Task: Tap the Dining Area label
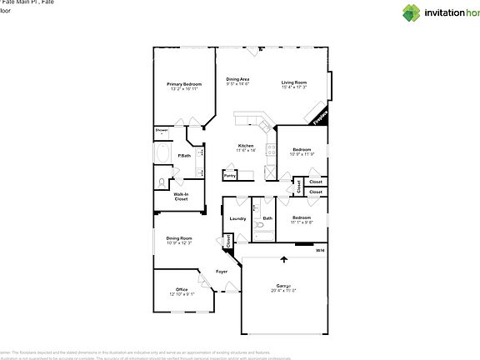pos(237,79)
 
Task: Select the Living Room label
pos(293,82)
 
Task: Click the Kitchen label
pos(245,145)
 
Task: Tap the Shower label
pos(162,131)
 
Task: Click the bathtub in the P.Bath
pos(162,157)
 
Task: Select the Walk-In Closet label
pos(181,197)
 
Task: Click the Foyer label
pos(222,272)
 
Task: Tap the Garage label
pos(282,286)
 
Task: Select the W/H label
pos(320,251)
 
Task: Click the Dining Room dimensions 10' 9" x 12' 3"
pos(179,243)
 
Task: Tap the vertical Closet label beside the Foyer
pos(227,241)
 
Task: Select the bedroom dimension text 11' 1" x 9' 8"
pos(302,222)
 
